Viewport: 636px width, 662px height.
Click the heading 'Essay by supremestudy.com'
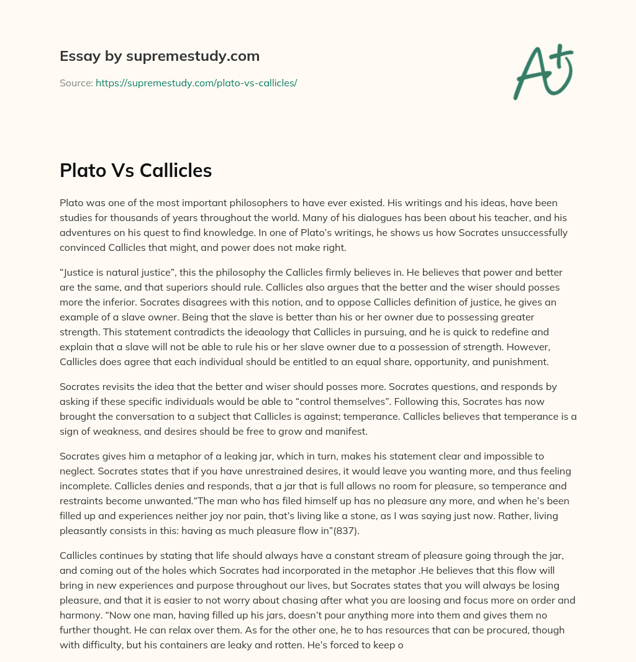160,57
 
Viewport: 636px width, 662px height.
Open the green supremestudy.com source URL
196,83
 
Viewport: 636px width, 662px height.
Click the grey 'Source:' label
76,83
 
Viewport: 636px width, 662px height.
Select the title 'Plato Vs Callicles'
135,171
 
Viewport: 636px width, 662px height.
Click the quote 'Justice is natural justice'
117,273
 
